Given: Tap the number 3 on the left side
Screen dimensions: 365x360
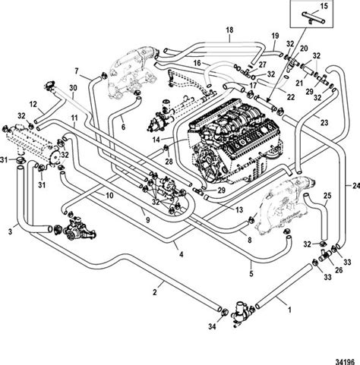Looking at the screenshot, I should (10, 228).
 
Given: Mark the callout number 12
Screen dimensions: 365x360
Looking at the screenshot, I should (32, 103).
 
